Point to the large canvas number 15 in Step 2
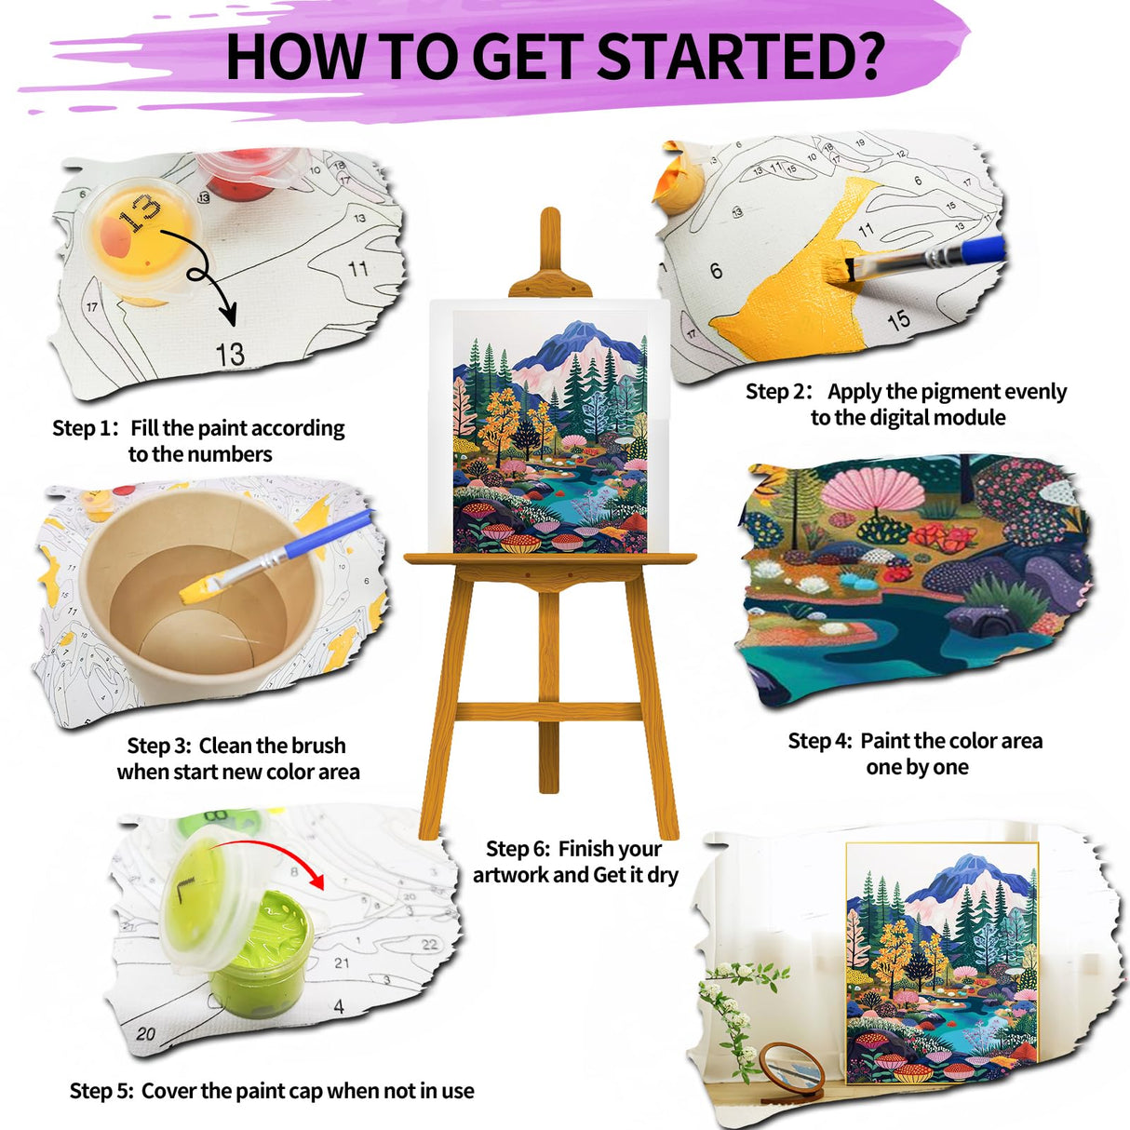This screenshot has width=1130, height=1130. tap(898, 320)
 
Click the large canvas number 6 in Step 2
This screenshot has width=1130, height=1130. tap(716, 270)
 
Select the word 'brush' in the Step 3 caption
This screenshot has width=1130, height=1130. tap(319, 746)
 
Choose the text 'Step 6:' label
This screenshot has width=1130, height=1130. tap(518, 849)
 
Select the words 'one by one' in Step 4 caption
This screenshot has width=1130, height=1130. tap(917, 767)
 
